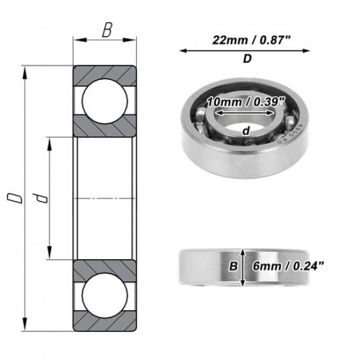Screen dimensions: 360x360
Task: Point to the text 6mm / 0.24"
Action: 288,266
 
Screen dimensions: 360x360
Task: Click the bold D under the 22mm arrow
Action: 247,60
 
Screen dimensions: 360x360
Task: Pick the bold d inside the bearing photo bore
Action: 245,131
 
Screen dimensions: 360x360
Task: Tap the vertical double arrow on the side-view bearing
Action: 243,267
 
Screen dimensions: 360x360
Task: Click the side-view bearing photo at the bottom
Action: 209,267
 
